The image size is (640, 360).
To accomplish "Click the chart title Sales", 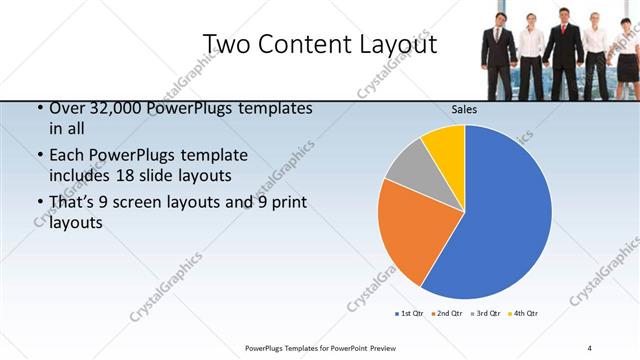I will click(464, 109).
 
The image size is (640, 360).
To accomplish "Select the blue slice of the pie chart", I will click(500, 210).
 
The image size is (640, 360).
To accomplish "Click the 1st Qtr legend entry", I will click(408, 314).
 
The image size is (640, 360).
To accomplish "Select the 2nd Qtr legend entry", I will click(445, 314).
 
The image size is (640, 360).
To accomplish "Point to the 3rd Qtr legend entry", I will click(484, 314).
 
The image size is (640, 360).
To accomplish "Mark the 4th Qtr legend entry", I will click(522, 314).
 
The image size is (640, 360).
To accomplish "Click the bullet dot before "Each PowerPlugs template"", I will click(39, 156).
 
